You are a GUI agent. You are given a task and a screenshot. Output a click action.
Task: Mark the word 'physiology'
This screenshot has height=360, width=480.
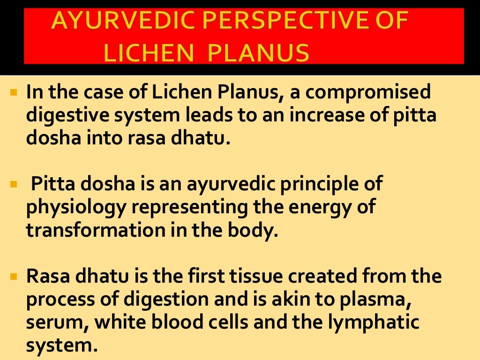[75, 207]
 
